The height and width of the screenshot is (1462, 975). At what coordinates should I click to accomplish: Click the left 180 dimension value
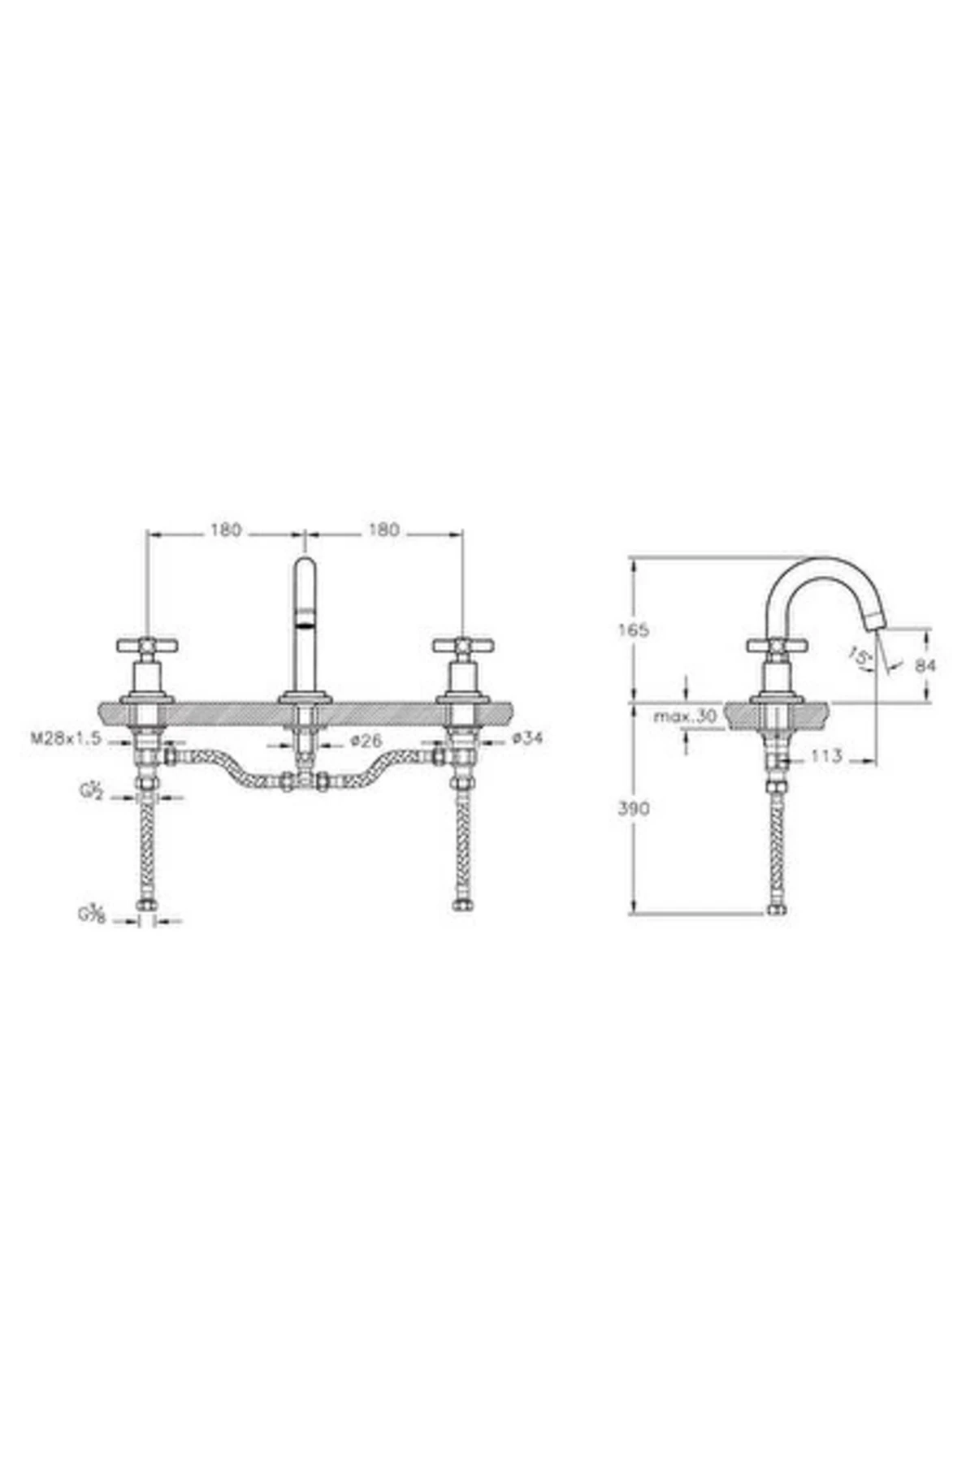pos(226,530)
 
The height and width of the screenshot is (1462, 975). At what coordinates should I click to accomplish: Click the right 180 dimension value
pos(383,530)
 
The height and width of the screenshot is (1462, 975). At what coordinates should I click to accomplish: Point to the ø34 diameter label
pos(527,739)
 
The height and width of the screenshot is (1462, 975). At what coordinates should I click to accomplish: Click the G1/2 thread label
pos(90,791)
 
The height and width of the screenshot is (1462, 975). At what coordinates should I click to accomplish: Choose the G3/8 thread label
pos(90,914)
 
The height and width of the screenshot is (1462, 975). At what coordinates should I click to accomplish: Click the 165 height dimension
pos(633,630)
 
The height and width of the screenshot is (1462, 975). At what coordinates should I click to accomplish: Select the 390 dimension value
pos(633,809)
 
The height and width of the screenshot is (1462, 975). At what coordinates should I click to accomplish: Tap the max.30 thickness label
pos(685,716)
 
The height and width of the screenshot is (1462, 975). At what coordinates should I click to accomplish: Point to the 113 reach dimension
pos(826,757)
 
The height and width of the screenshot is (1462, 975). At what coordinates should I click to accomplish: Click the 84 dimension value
pos(925,665)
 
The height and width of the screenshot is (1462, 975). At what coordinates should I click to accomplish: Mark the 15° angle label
pos(858,655)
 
